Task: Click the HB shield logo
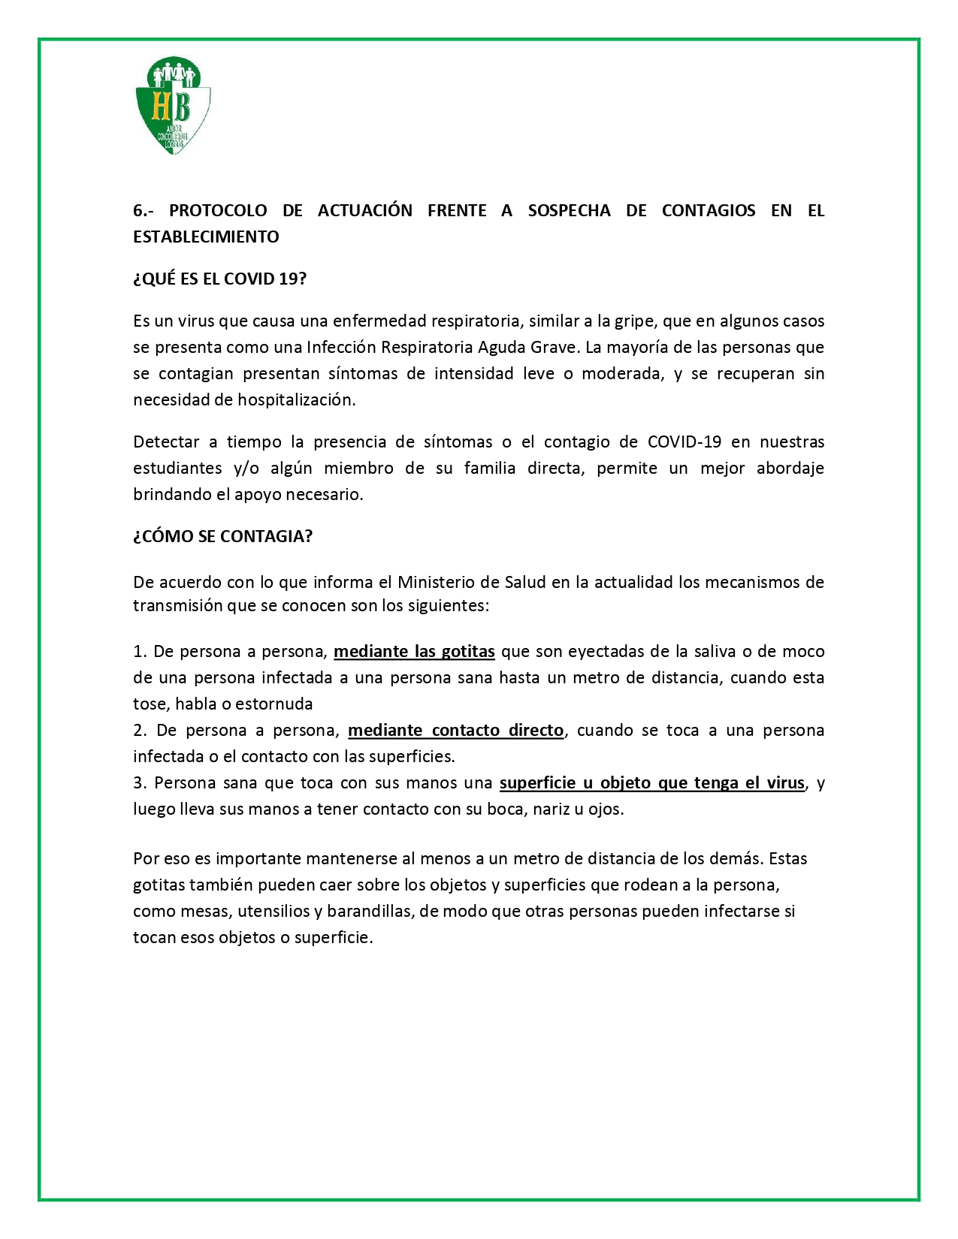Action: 173,105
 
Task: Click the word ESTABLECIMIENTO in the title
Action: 206,237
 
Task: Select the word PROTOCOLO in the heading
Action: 218,210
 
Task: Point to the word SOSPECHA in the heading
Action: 569,210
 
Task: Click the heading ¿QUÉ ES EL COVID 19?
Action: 220,279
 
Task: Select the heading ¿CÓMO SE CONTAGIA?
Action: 222,536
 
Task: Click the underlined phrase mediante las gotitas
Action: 414,651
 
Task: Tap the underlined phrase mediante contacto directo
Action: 455,730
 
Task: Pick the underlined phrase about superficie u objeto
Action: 651,782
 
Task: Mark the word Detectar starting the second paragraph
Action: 166,442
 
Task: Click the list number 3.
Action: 139,782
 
